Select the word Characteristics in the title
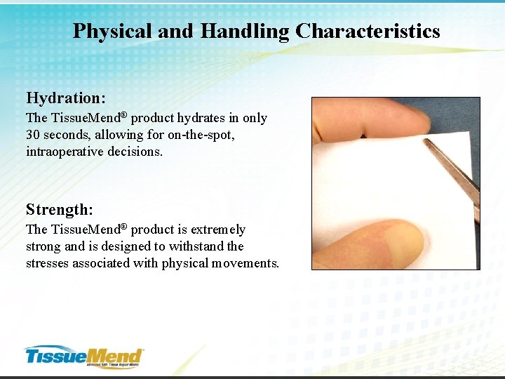[x=368, y=32]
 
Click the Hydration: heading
[x=65, y=97]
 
